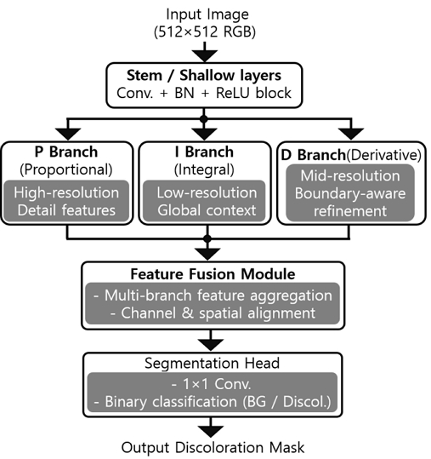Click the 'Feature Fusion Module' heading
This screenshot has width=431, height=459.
point(212,275)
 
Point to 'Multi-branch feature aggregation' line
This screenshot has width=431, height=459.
point(213,295)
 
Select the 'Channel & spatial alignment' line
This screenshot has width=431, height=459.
point(213,313)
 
